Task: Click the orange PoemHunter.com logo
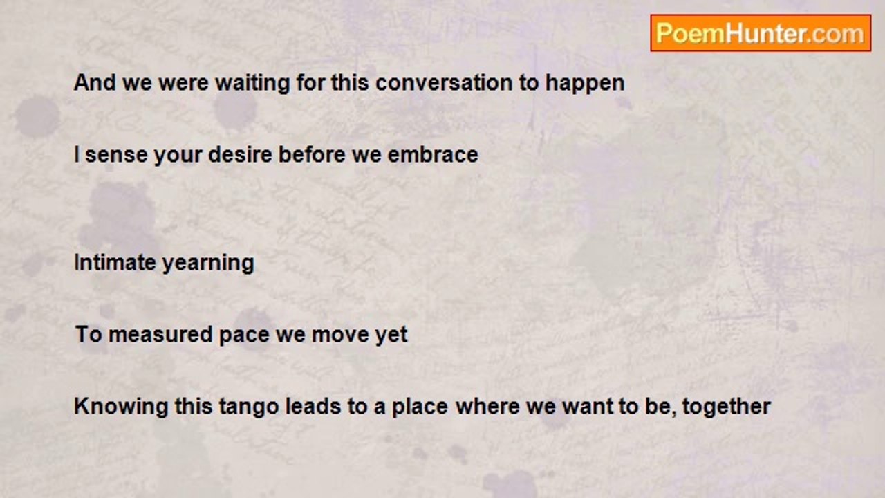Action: pyautogui.click(x=761, y=33)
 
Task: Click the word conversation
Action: pyautogui.click(x=443, y=82)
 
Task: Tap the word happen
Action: pyautogui.click(x=585, y=84)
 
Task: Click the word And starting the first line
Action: pyautogui.click(x=95, y=82)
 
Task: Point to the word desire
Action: pyautogui.click(x=240, y=154)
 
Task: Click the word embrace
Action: pyautogui.click(x=433, y=154)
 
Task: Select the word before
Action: pyautogui.click(x=312, y=154)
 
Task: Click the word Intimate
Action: pyautogui.click(x=115, y=262)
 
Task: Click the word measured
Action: pyautogui.click(x=160, y=335)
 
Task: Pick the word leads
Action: pyautogui.click(x=313, y=406)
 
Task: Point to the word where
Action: pyautogui.click(x=487, y=406)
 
